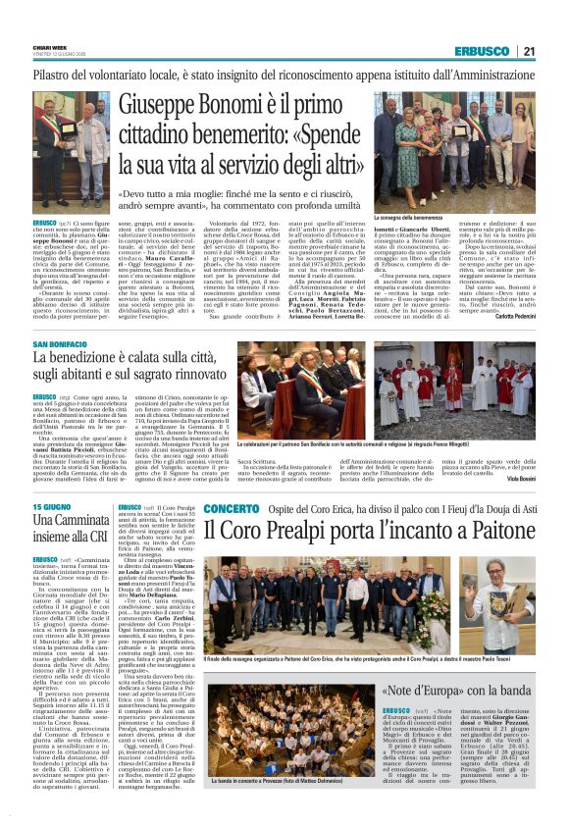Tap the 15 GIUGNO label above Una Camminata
(52, 507)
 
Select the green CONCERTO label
(231, 509)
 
